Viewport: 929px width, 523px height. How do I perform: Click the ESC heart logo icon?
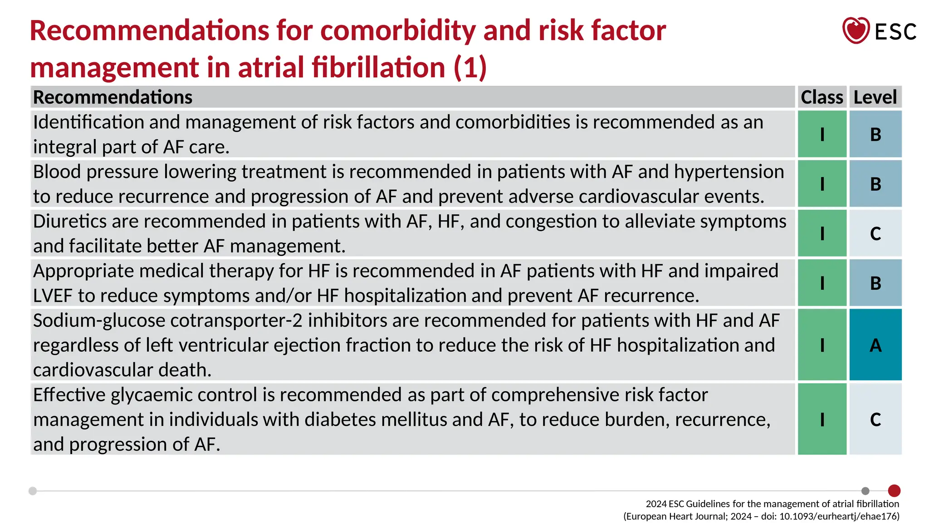pos(856,30)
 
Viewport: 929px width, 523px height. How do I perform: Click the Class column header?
pos(821,97)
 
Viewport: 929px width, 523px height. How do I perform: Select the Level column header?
pos(875,97)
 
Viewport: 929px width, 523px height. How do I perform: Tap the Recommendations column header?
pos(113,97)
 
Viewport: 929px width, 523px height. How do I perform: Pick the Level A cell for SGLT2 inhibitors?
pos(875,345)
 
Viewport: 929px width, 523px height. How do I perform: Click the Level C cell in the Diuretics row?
pos(875,233)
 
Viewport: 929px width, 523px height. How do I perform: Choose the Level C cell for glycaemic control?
pos(875,419)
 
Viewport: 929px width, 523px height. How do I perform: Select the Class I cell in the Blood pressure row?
pos(822,184)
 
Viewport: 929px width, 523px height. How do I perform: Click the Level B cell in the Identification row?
pos(875,134)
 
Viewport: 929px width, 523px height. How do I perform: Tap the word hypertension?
pos(729,172)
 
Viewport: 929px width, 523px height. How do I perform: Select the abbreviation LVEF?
pos(53,296)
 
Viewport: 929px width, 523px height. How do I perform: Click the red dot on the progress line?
pos(894,491)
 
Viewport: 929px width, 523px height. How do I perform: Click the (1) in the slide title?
pos(470,68)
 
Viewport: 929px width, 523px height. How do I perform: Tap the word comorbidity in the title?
pos(398,31)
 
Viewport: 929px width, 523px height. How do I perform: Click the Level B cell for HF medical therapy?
pos(875,283)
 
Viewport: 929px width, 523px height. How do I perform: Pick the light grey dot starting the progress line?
pos(33,491)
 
